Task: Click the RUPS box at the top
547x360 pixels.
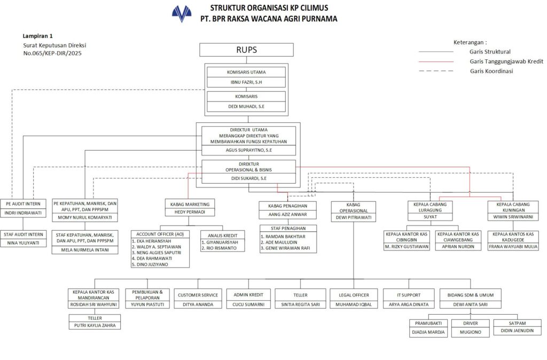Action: pyautogui.click(x=246, y=50)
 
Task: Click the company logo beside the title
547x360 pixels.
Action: pyautogui.click(x=182, y=13)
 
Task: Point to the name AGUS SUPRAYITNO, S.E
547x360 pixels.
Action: pyautogui.click(x=248, y=151)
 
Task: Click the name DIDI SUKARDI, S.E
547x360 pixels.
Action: pyautogui.click(x=248, y=178)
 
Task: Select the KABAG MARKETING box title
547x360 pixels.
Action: pyautogui.click(x=190, y=204)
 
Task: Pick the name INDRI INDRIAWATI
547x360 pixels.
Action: pyautogui.click(x=24, y=213)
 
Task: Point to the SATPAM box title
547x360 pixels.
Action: pyautogui.click(x=517, y=323)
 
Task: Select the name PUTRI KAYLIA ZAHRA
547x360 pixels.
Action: pyautogui.click(x=95, y=325)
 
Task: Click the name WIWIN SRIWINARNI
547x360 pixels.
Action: pyautogui.click(x=513, y=217)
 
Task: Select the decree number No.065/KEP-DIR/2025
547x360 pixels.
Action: pyautogui.click(x=52, y=53)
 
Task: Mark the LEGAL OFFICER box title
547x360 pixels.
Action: pyautogui.click(x=353, y=295)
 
